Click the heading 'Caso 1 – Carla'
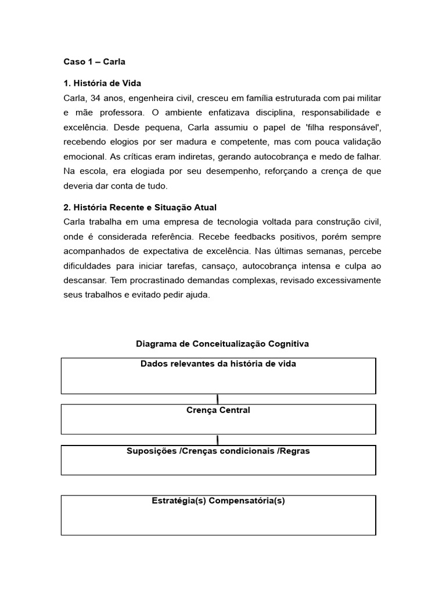(x=94, y=61)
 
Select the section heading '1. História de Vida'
(x=102, y=84)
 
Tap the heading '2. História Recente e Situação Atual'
(x=139, y=207)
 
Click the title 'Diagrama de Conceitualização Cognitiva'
(x=222, y=343)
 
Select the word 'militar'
(x=368, y=98)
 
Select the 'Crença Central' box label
(x=218, y=410)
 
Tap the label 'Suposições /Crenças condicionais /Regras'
(x=218, y=451)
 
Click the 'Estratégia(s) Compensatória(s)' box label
(x=218, y=501)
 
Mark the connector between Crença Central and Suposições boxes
(x=218, y=440)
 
